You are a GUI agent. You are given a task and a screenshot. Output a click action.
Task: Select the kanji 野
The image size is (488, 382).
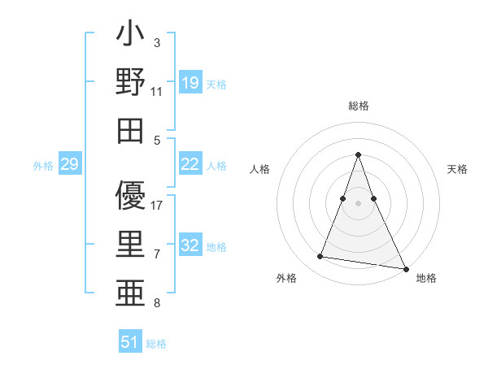130,84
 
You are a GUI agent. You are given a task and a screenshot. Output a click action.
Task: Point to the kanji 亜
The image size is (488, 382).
130,291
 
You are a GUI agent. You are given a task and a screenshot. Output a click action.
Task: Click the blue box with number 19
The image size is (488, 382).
190,83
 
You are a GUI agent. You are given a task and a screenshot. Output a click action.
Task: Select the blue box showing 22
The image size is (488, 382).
190,165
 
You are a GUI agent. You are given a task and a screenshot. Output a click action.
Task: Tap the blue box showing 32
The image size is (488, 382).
190,246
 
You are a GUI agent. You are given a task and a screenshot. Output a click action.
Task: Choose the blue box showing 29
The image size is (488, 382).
69,165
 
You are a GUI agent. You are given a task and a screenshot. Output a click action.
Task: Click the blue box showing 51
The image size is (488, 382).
129,342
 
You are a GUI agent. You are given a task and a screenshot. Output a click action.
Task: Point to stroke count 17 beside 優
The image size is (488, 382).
157,206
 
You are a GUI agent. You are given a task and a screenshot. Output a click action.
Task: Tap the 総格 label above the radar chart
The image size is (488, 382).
358,106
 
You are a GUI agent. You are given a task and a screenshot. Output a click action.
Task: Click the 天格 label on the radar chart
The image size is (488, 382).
457,169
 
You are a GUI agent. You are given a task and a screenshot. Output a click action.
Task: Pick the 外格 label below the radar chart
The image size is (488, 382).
286,278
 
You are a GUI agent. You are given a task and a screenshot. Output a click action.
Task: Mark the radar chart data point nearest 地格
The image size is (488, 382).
405,268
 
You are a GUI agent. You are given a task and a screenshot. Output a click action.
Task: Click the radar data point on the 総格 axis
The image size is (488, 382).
358,154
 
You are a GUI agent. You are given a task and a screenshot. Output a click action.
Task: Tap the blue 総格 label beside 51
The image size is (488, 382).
156,344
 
